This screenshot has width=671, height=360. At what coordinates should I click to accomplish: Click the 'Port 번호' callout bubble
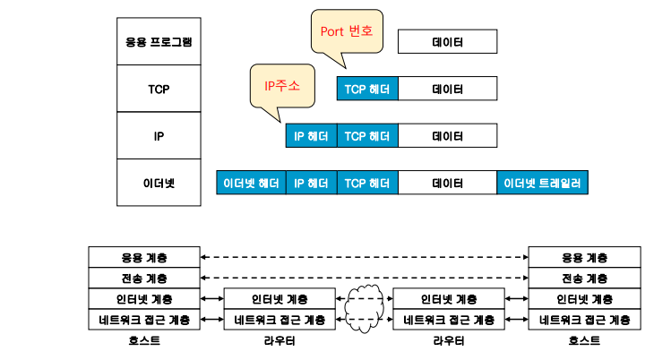click(347, 32)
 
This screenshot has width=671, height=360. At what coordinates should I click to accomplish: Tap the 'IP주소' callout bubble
click(282, 86)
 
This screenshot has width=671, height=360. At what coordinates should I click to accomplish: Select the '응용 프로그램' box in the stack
click(159, 41)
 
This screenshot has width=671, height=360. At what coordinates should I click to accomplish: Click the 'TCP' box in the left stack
click(159, 89)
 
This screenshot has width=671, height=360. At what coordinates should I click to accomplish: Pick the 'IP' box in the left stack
click(159, 136)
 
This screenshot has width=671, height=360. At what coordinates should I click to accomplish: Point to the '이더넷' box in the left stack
click(159, 183)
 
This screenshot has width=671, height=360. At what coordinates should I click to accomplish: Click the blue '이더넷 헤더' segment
click(251, 183)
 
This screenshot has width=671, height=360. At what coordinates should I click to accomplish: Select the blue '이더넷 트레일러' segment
click(543, 183)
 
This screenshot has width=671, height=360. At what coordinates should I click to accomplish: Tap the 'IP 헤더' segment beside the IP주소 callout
click(312, 136)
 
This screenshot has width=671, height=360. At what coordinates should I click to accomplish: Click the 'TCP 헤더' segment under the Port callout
click(367, 89)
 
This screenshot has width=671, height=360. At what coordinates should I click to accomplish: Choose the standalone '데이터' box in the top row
click(448, 41)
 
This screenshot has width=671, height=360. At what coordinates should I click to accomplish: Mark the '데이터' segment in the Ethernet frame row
click(448, 183)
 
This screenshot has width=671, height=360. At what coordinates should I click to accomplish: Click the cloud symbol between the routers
click(365, 309)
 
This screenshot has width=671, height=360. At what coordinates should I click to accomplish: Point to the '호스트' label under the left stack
click(144, 341)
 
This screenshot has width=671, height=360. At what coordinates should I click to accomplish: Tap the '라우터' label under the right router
click(449, 341)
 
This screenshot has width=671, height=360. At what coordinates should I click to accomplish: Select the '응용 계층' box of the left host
click(144, 257)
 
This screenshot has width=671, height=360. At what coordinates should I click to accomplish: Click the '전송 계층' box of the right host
click(585, 279)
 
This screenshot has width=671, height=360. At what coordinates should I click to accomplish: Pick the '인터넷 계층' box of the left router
click(280, 299)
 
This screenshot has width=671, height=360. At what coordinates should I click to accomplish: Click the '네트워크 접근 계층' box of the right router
click(449, 320)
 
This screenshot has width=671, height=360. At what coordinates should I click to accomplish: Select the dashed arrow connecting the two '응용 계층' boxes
click(365, 257)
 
